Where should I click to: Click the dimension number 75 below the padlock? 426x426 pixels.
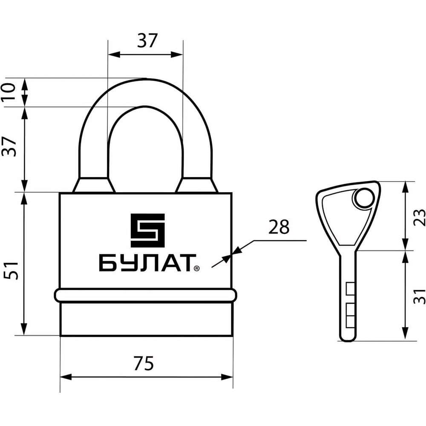pos(144,363)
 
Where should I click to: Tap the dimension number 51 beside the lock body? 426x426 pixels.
pos(11,271)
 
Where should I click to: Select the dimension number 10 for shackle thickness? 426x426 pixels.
pos(9,91)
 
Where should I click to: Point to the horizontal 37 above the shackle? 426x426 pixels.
pos(147,40)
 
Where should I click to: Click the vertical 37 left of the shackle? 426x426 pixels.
pos(9,147)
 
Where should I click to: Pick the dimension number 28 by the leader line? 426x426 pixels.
pos(279,227)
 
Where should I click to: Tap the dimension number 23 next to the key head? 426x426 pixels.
pos(419,217)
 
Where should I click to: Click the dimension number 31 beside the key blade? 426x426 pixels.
pos(419,296)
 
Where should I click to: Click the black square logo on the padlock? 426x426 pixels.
pos(147,230)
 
